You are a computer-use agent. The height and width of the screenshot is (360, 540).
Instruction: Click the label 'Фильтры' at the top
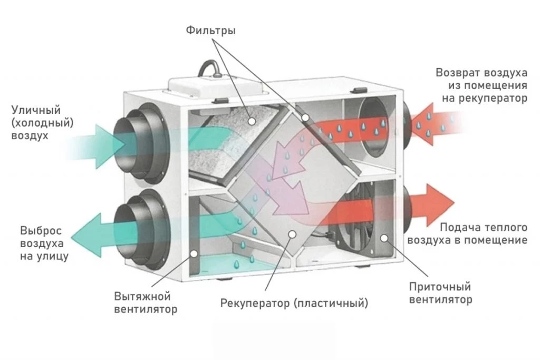(210, 31)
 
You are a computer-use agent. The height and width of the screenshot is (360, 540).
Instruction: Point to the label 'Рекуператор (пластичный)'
(294, 303)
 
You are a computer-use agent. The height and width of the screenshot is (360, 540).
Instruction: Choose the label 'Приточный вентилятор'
(440, 294)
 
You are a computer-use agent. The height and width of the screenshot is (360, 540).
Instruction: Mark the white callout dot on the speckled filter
(252, 121)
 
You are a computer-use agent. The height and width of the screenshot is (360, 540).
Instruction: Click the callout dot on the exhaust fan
(194, 254)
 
